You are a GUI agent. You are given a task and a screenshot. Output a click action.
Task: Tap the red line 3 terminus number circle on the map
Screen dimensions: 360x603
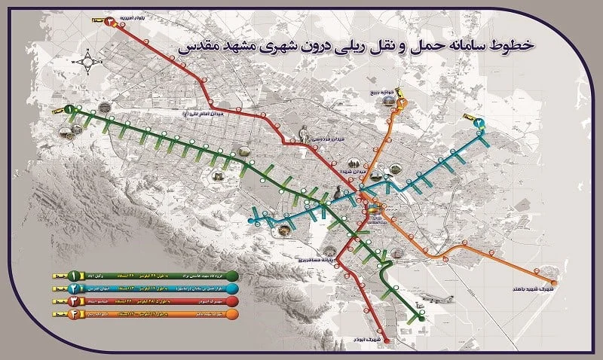click(111, 20)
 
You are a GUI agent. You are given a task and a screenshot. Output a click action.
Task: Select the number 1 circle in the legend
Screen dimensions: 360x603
click(75, 276)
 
